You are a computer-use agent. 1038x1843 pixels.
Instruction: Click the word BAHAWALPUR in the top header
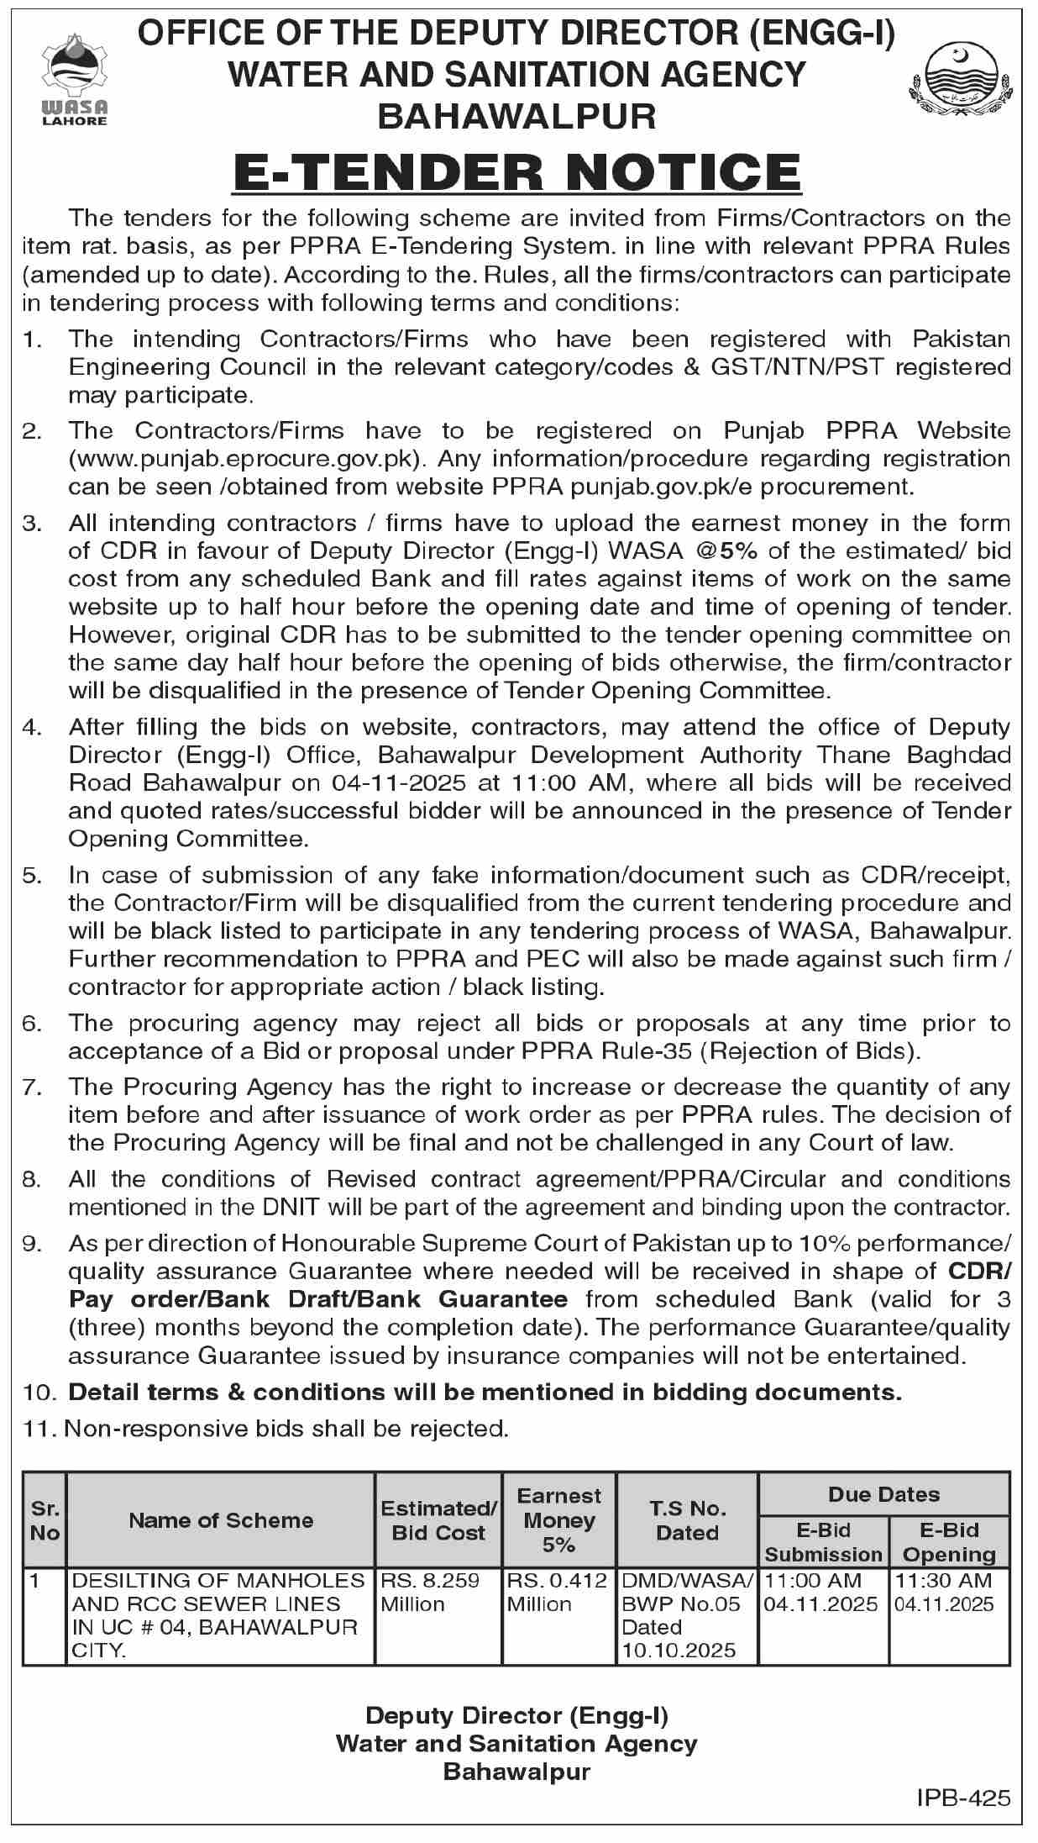click(516, 116)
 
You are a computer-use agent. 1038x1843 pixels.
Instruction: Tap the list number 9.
click(31, 1243)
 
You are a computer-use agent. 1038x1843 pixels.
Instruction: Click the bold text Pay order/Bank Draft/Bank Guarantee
click(318, 1299)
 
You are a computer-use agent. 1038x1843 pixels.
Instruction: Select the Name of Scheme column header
click(221, 1519)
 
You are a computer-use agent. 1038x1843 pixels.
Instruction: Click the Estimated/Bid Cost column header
click(438, 1520)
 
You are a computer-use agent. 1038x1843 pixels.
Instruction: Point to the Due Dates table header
click(883, 1494)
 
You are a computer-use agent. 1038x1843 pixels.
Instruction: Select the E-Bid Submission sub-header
click(823, 1542)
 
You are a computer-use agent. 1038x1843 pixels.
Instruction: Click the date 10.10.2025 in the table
click(679, 1651)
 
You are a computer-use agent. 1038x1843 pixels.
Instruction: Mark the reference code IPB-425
click(964, 1798)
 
